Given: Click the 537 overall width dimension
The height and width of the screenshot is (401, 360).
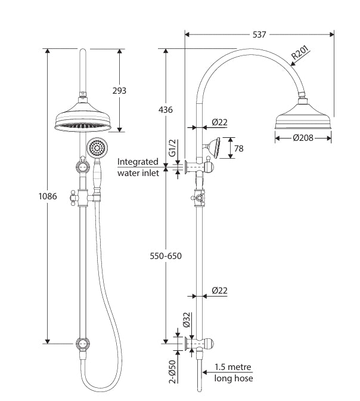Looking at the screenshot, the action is coord(259,35).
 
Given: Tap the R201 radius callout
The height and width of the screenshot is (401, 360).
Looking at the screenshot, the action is coord(300,53).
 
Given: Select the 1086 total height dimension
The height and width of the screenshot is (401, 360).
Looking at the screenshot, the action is coord(48,196).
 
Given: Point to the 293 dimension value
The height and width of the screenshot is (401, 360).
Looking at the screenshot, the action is coord(119,91).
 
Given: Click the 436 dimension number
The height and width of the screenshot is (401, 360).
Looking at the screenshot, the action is coord(166,110).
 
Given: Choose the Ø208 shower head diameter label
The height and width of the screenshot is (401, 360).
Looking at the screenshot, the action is coord(303,138).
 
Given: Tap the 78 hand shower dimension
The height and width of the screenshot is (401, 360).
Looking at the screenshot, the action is coord(239,149).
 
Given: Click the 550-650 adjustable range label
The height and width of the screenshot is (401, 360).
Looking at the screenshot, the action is coord(166,256).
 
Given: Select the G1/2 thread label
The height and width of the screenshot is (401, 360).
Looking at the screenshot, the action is coord(173,148).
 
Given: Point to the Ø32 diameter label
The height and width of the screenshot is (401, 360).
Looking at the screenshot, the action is coord(187,320).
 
